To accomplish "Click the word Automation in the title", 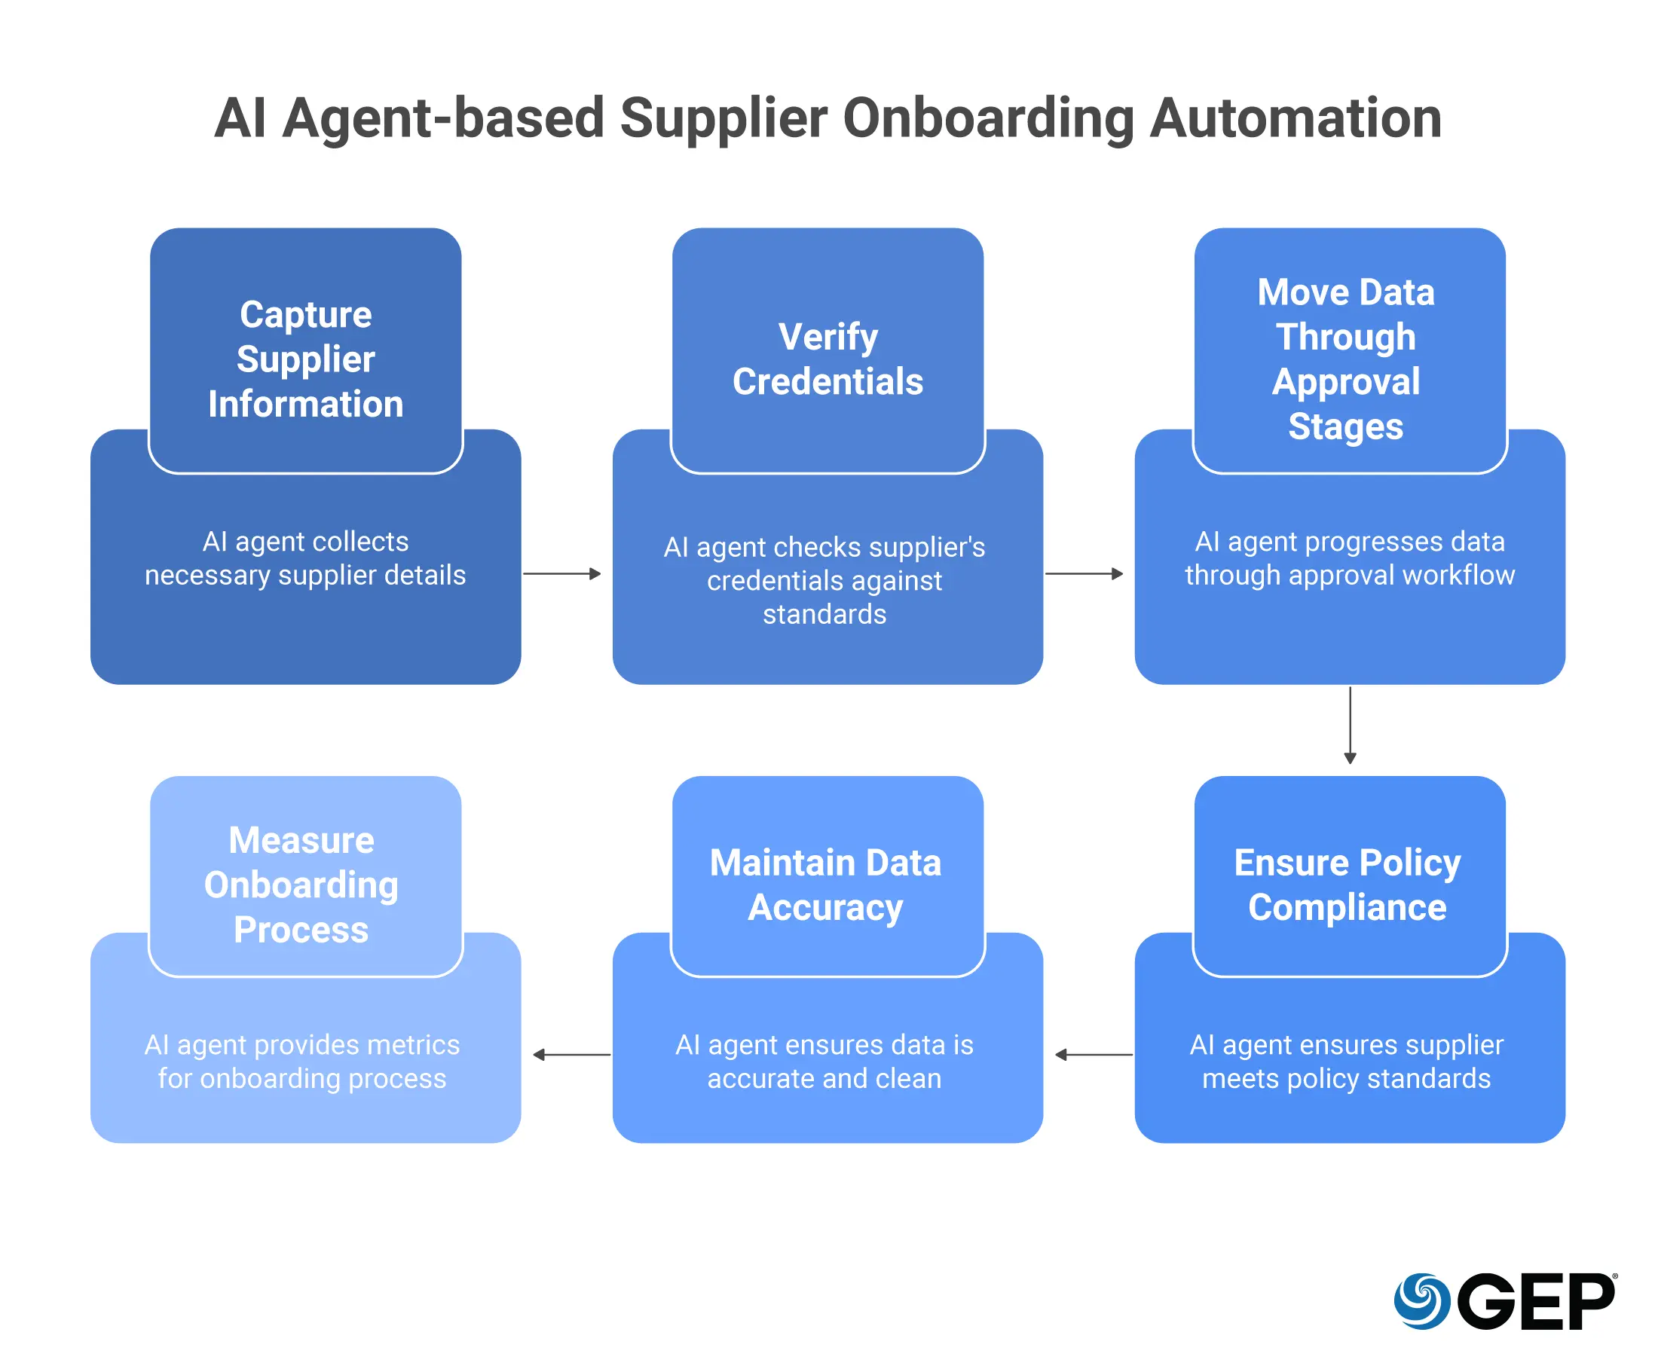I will click(x=1295, y=118).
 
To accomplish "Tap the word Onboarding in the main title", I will click(x=988, y=118).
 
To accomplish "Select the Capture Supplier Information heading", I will click(x=305, y=359).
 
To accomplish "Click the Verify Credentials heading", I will click(x=827, y=359).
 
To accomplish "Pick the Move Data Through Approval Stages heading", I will click(x=1345, y=359).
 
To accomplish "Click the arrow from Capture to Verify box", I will click(x=561, y=574).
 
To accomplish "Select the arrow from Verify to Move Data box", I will click(x=1083, y=574).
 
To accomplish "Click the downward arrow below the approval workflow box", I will click(x=1350, y=725).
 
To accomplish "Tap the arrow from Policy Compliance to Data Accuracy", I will click(x=1094, y=1055).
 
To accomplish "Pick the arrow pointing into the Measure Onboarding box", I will click(x=571, y=1055).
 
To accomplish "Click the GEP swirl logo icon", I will click(x=1421, y=1301).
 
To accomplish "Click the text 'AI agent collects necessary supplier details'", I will click(x=305, y=558).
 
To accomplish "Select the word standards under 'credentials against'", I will click(x=824, y=614).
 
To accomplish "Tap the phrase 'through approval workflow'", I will click(x=1349, y=575).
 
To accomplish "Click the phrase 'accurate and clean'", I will click(x=824, y=1078).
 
